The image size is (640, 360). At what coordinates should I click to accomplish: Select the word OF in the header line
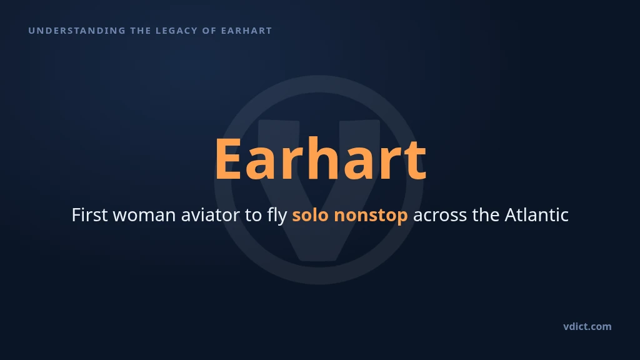pos(209,31)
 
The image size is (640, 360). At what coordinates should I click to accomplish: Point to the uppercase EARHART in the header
pos(246,31)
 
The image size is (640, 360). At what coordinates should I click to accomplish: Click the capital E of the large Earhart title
pos(228,158)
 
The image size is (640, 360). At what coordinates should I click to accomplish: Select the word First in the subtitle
pos(89,215)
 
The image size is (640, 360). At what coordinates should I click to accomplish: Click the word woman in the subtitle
pos(144,216)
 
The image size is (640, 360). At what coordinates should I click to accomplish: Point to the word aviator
pos(210,215)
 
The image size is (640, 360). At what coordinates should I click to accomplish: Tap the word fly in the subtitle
pos(277,216)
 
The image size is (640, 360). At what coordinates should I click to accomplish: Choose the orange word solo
pos(310,215)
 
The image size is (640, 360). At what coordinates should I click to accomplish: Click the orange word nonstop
pos(371,216)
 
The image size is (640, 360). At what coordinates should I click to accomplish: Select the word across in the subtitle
pos(440,216)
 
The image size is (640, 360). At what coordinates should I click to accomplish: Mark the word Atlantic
pos(537,215)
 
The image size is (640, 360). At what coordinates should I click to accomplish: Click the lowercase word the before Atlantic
pos(486,215)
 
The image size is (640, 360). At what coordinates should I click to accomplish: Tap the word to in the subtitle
pos(254,216)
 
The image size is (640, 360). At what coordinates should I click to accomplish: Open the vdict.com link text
pos(587,326)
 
